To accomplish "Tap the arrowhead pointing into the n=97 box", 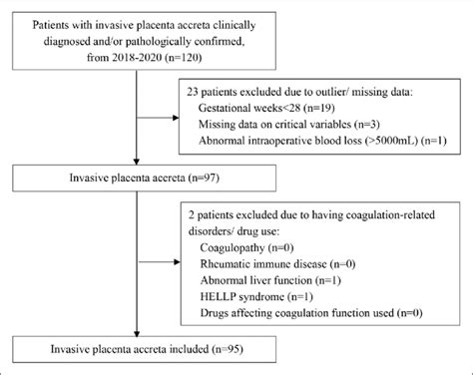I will click(137, 166).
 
